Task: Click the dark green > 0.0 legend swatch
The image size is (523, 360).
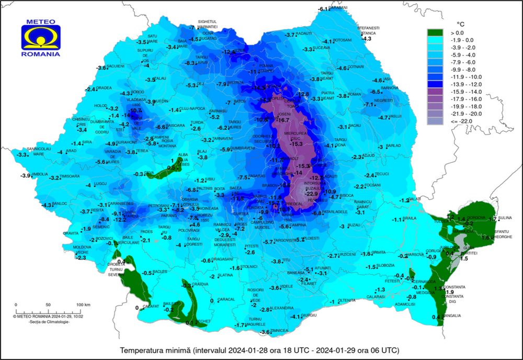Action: pos(435,33)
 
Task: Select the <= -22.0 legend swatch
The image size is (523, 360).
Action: pos(435,121)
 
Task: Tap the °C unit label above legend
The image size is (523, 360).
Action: pos(460,24)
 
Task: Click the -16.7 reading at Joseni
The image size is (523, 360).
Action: pos(282,120)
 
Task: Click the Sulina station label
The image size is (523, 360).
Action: pos(505,218)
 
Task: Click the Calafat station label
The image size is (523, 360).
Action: pos(151,307)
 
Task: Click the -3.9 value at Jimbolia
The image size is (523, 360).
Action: pos(26,175)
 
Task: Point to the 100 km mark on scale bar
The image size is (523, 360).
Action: pos(84,305)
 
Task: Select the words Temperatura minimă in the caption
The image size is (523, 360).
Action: pos(155,350)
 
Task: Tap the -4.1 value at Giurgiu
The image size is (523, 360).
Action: pos(295,317)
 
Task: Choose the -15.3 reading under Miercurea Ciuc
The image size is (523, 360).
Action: pos(297,144)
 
